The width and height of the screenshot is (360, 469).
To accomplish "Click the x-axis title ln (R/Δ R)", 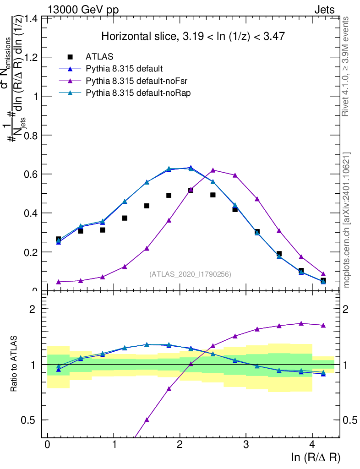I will [x=316, y=457].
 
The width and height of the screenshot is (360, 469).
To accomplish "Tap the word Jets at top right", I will [x=324, y=10].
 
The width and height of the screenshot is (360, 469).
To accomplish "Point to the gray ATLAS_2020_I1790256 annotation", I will [x=190, y=274].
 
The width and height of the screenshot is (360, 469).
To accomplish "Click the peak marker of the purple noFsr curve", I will [x=213, y=170].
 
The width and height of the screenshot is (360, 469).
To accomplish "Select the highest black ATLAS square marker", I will [x=191, y=190].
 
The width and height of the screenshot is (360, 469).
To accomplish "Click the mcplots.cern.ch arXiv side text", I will [x=347, y=220].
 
